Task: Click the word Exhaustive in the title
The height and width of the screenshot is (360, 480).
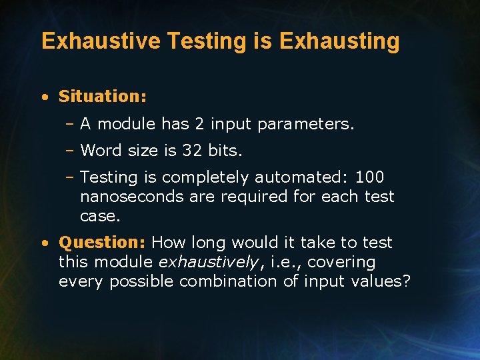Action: click(x=101, y=41)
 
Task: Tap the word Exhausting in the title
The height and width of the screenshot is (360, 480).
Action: click(x=339, y=41)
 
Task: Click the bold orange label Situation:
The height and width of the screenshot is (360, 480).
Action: click(x=103, y=96)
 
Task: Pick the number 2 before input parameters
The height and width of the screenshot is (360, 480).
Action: click(x=199, y=123)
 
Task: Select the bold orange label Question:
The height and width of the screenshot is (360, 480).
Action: click(x=103, y=243)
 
